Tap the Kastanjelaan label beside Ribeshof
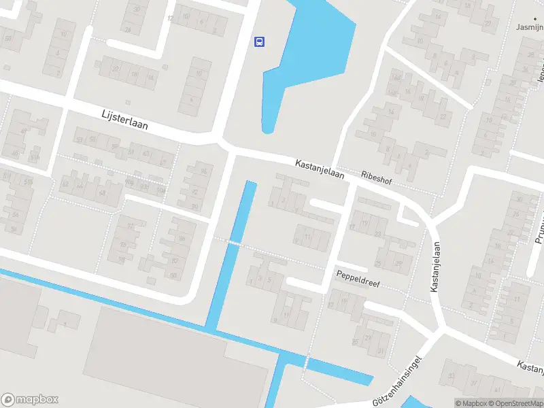320,169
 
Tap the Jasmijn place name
530,28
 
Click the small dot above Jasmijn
534,18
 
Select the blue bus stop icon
259,41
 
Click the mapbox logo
30,400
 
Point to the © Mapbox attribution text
471,403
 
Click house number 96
203,171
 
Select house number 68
102,193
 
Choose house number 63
146,154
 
